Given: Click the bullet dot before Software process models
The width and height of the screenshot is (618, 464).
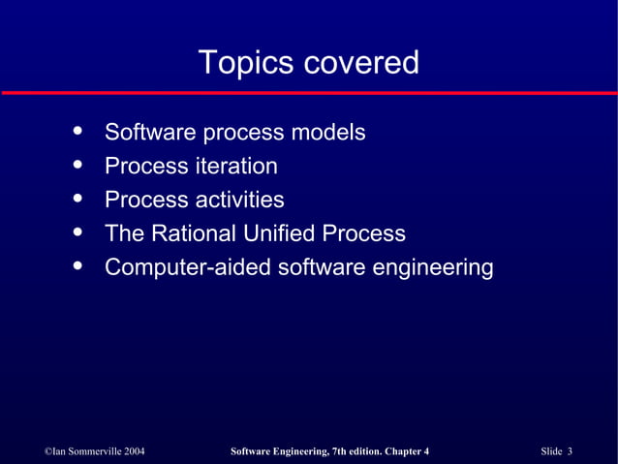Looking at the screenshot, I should coord(77,130).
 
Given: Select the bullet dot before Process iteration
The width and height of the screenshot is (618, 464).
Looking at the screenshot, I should coord(77,164).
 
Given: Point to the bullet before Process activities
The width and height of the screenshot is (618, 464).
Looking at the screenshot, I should coord(77,198).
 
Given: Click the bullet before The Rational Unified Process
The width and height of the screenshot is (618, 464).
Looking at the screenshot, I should coord(77,232).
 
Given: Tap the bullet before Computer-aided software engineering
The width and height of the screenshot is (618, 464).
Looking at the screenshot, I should coord(77,265).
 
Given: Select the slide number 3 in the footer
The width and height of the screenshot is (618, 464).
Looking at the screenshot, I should coord(571,451).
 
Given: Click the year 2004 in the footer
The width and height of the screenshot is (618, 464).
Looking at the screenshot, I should coord(133,451).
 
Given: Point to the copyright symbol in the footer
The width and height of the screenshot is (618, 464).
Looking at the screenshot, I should coord(49,451).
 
